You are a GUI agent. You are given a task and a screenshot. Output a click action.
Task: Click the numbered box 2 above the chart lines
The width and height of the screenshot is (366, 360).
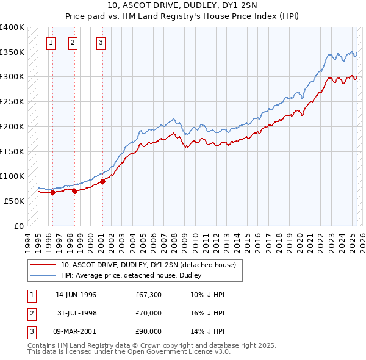tap(73, 43)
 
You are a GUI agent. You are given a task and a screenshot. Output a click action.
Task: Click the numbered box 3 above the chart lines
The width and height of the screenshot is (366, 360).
tap(100, 43)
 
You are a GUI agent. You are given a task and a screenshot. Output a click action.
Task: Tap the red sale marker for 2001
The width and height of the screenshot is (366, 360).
tap(103, 181)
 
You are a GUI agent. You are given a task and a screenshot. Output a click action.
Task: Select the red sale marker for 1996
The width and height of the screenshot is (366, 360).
tap(52, 192)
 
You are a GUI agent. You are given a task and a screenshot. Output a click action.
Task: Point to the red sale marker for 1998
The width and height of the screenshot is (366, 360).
tap(74, 191)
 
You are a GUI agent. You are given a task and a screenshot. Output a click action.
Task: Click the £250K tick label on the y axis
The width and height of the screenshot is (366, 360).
tap(12, 102)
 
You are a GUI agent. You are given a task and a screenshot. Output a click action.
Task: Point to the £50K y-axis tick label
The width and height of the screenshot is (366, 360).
tap(15, 201)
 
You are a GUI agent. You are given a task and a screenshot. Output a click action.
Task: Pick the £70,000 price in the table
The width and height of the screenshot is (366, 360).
tap(149, 313)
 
